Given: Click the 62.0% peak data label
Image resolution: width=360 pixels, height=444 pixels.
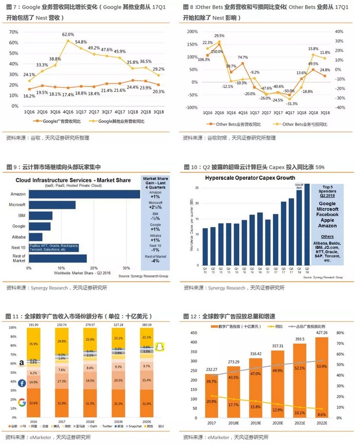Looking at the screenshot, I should coord(68,34).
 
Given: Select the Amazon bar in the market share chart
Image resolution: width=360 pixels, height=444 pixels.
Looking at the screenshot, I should coord(84,195).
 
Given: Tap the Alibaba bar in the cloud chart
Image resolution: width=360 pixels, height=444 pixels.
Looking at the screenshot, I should coord(36,237).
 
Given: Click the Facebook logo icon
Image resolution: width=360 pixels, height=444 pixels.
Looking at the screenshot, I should coord(23,383).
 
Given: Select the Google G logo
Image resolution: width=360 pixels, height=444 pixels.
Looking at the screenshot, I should coord(22,403).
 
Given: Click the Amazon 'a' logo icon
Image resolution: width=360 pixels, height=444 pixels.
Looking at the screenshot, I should coord(22,363).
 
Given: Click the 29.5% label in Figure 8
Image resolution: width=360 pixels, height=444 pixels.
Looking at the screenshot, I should coord(219,36).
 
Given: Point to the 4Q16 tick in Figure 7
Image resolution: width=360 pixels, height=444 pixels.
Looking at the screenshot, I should coord(67,112).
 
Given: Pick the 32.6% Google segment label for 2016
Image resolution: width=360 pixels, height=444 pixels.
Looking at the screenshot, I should coord(34,403).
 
